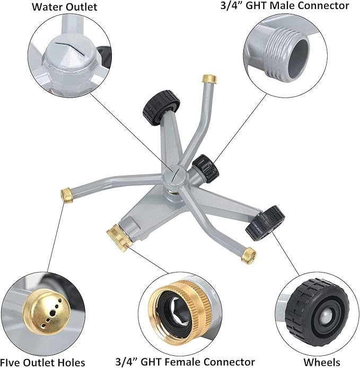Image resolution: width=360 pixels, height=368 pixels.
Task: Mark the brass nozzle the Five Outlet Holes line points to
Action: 68,195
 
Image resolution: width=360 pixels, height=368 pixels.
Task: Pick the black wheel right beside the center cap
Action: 205,167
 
